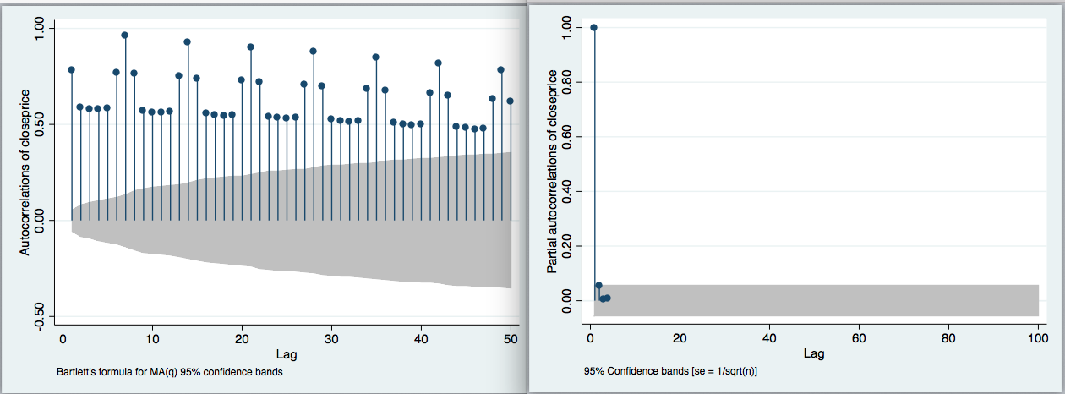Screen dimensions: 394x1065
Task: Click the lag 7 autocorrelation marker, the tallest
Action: pyautogui.click(x=125, y=36)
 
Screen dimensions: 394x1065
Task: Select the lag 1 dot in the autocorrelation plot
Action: pyautogui.click(x=71, y=69)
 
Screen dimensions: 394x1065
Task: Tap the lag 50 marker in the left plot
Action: pyautogui.click(x=510, y=101)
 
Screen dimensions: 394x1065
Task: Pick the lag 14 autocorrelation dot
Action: pyautogui.click(x=188, y=41)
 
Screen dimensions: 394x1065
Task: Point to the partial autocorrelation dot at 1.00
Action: pyautogui.click(x=593, y=27)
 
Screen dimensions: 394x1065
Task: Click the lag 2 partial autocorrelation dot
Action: pyautogui.click(x=598, y=285)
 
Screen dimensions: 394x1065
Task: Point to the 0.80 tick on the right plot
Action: pyautogui.click(x=575, y=82)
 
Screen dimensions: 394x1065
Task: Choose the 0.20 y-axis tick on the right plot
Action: pyautogui.click(x=575, y=246)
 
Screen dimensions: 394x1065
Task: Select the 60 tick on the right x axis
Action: pyautogui.click(x=859, y=338)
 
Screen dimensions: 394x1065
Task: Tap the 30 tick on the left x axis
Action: pyautogui.click(x=331, y=338)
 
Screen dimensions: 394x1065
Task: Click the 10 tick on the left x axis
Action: pyautogui.click(x=152, y=338)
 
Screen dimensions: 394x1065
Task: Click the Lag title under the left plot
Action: pyautogui.click(x=287, y=353)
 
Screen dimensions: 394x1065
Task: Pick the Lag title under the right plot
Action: pyautogui.click(x=814, y=353)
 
